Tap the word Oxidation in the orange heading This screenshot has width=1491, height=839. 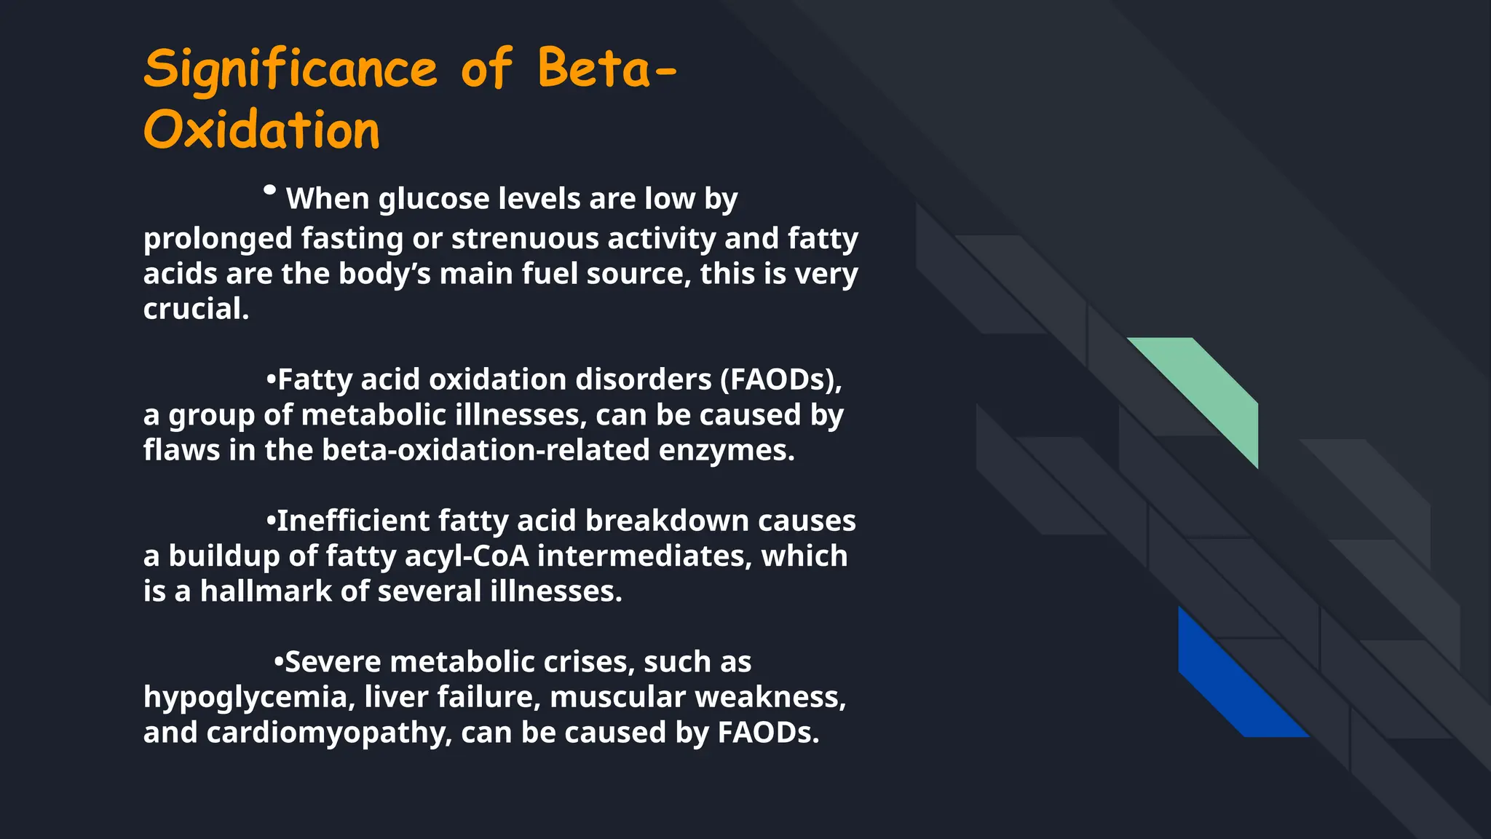click(261, 131)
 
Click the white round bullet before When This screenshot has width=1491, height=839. click(269, 190)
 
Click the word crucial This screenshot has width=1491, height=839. click(195, 309)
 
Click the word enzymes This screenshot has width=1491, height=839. click(726, 450)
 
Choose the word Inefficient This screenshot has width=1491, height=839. click(353, 521)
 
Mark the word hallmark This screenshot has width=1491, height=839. click(266, 591)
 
